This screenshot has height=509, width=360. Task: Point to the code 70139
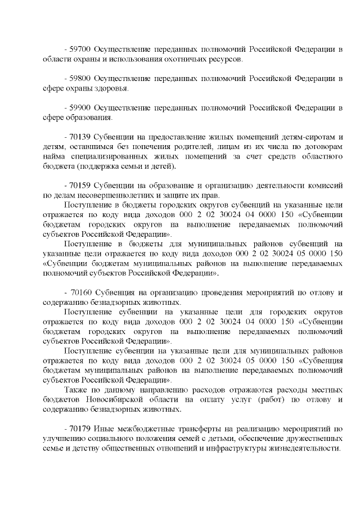pos(80,137)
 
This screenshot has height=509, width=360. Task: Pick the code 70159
pos(80,186)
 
